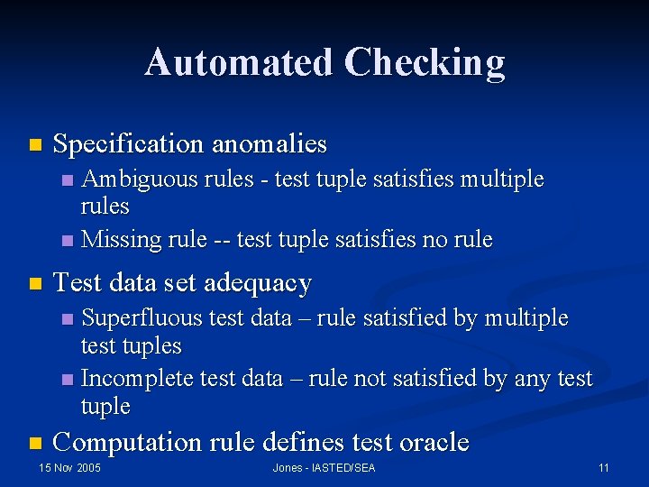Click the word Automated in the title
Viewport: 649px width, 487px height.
pyautogui.click(x=238, y=62)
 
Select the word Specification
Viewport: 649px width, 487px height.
pyautogui.click(x=129, y=143)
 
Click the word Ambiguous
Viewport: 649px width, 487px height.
pyautogui.click(x=140, y=179)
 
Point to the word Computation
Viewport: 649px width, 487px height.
pyautogui.click(x=128, y=442)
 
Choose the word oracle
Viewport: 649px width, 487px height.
pyautogui.click(x=434, y=442)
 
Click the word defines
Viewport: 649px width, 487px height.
pyautogui.click(x=294, y=442)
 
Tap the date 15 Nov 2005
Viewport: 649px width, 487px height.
pyautogui.click(x=69, y=468)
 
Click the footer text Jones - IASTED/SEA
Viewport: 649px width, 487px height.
pyautogui.click(x=324, y=468)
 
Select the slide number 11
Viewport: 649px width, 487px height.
pyautogui.click(x=604, y=468)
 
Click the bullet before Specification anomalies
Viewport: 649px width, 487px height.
pyautogui.click(x=35, y=144)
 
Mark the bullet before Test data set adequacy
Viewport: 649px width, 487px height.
pyautogui.click(x=35, y=284)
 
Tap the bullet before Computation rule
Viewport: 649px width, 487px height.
pyautogui.click(x=35, y=443)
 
